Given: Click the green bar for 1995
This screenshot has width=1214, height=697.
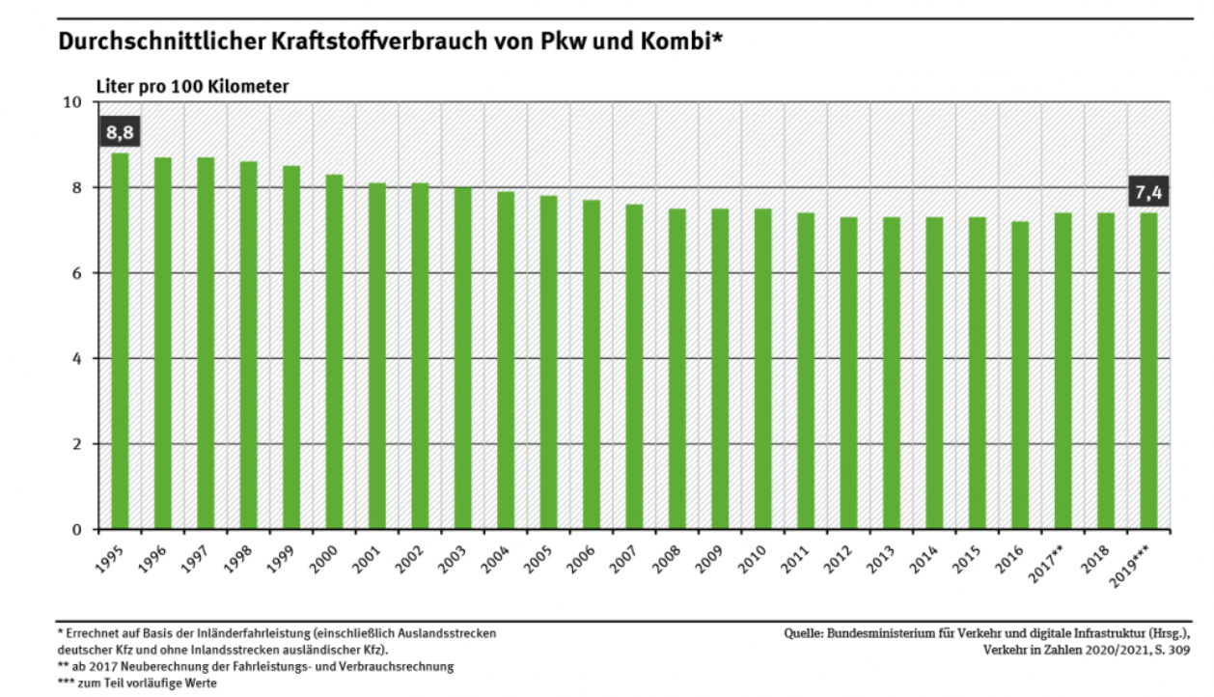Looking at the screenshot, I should click(120, 341).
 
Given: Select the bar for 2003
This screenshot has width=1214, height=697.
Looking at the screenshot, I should click(463, 358).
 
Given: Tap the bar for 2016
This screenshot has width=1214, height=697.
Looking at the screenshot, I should click(1020, 376).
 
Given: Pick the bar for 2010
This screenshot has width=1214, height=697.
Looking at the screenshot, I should click(763, 369).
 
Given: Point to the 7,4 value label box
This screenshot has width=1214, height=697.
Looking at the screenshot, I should click(1148, 192).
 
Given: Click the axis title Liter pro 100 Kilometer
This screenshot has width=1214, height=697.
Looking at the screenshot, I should click(192, 86).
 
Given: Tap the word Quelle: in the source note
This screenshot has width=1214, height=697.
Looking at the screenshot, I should click(802, 633).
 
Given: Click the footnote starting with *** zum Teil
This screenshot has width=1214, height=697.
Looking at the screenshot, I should click(137, 683).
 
